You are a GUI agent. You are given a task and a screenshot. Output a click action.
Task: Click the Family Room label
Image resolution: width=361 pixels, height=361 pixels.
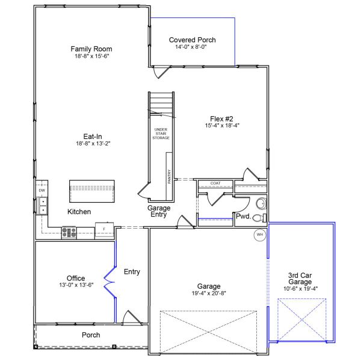(x=91, y=49)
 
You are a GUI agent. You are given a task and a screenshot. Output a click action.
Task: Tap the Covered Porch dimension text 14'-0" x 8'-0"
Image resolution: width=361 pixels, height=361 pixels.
(x=192, y=47)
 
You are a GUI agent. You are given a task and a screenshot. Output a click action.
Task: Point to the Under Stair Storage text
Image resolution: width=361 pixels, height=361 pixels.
(x=161, y=134)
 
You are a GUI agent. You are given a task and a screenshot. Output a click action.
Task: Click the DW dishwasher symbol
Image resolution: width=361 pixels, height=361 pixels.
(x=42, y=191)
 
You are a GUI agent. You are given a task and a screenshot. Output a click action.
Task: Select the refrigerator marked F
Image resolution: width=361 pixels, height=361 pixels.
(x=104, y=230)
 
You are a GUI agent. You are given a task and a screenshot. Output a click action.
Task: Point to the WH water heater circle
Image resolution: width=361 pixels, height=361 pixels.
(x=261, y=234)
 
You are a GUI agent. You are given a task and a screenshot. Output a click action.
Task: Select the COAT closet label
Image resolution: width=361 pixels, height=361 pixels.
(x=215, y=183)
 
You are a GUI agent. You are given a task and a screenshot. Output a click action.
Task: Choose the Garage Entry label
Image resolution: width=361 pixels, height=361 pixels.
(x=159, y=212)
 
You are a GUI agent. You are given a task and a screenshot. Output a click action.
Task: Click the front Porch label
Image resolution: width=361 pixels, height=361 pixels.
(x=91, y=335)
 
